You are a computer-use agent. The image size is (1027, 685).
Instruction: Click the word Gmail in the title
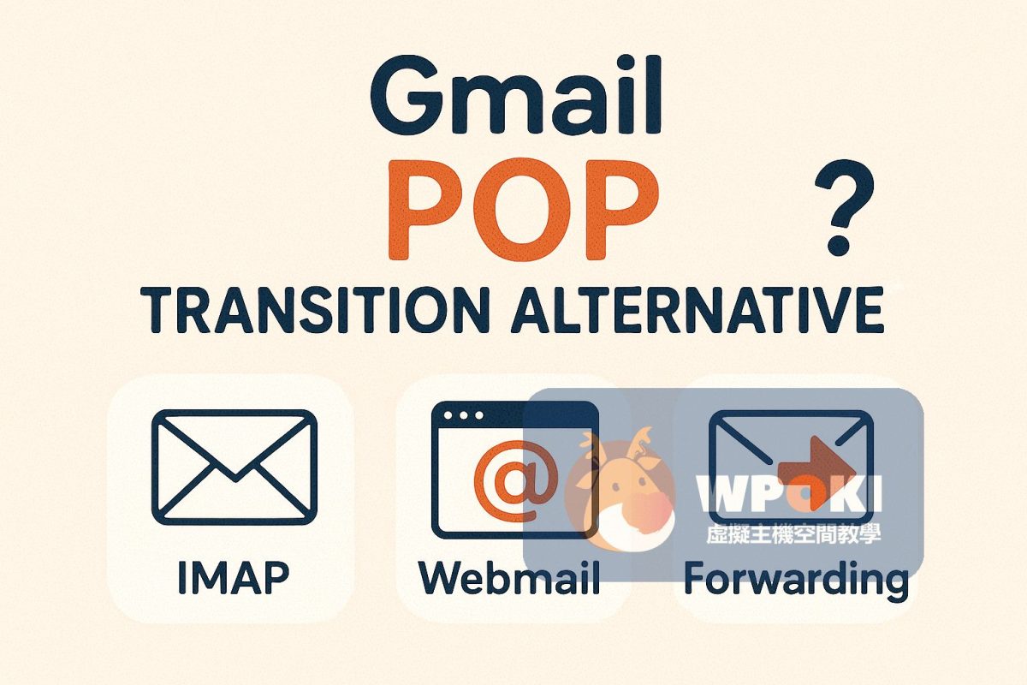(516, 95)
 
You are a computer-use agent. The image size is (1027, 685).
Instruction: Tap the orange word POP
(524, 209)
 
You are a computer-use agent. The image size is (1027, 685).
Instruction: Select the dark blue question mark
(844, 207)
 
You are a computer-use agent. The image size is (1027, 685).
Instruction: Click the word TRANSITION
(313, 309)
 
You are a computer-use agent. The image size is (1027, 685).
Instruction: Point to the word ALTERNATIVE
(698, 309)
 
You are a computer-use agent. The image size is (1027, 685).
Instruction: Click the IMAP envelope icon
(234, 467)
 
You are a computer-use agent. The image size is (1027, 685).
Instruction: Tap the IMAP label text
(234, 578)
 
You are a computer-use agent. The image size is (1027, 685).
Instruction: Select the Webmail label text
(509, 578)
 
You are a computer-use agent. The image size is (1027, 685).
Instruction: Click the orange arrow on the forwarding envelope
(817, 473)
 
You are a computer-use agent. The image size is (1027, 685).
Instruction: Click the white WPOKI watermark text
(788, 494)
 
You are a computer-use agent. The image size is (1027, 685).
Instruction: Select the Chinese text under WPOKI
(793, 533)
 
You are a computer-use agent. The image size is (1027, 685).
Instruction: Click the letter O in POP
(524, 209)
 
